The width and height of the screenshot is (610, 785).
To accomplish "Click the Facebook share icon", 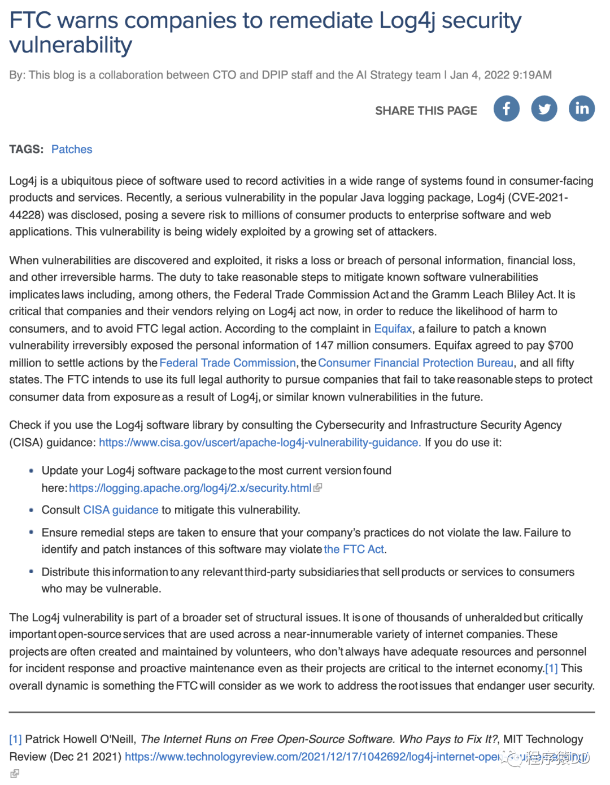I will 506,108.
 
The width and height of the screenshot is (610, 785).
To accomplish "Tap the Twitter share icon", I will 544,108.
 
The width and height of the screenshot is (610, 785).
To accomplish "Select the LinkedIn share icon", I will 582,108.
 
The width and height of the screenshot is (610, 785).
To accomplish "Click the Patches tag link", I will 72,149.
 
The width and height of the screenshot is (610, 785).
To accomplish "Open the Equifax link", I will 393,329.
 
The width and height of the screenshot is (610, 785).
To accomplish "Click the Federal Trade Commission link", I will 228,363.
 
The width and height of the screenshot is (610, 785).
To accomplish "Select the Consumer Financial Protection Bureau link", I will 416,363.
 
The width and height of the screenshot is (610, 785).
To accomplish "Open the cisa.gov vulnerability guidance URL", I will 259,442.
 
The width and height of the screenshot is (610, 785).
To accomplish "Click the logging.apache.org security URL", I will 190,488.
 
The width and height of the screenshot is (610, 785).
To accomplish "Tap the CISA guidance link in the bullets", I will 120,510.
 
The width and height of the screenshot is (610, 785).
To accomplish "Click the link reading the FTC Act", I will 354,549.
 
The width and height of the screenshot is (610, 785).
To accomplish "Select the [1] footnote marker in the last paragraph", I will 551,668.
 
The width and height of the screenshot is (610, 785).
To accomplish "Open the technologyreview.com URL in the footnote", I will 311,756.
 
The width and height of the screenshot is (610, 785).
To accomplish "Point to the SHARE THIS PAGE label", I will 426,111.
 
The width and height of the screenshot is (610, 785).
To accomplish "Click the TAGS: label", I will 26,149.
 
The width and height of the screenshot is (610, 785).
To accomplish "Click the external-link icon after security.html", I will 318,487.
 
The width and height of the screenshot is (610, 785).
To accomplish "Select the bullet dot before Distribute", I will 31,572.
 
